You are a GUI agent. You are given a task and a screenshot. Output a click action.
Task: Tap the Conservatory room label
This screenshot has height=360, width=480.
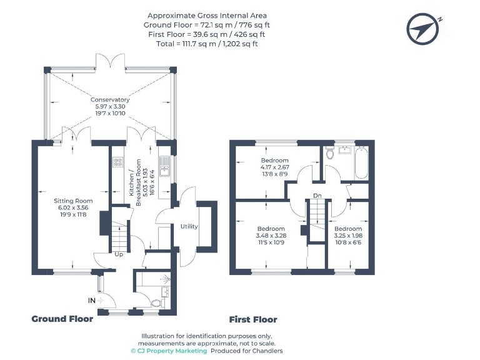[110, 100]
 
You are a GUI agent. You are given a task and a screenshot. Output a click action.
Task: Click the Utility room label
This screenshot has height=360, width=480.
[189, 226]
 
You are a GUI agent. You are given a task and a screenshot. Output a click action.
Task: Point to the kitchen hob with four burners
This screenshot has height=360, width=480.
[117, 163]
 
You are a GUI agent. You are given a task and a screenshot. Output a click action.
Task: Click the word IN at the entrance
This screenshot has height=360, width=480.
[92, 301]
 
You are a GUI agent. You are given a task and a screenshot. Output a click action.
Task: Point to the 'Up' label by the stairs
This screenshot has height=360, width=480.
[118, 254]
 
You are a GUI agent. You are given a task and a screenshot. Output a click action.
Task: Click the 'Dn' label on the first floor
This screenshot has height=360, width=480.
[317, 196]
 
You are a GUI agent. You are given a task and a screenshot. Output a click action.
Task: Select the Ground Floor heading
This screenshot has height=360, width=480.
[62, 319]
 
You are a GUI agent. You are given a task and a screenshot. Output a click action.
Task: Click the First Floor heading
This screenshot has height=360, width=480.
[253, 319]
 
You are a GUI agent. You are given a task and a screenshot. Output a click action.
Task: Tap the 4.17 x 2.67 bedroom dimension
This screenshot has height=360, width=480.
[274, 167]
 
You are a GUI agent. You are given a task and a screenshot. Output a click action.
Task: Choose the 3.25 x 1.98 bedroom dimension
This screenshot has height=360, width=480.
[347, 236]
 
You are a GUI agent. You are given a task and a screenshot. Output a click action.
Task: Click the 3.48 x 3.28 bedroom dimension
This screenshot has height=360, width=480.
[271, 236]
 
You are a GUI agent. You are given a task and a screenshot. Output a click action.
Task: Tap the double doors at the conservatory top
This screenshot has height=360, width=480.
[110, 61]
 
